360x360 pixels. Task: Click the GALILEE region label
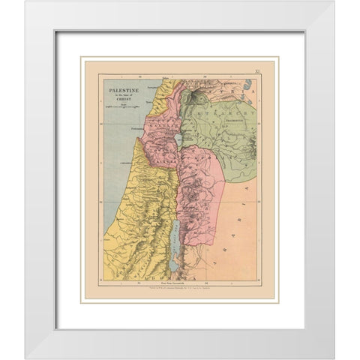coord(166,135)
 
